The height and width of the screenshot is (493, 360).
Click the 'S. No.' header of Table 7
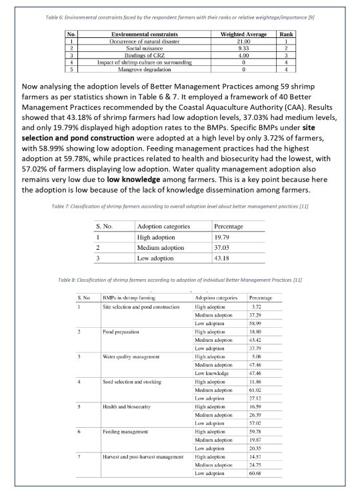point(109,226)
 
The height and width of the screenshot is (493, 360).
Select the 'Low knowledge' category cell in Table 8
point(210,374)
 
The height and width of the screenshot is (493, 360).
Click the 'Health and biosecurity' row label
point(127,407)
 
